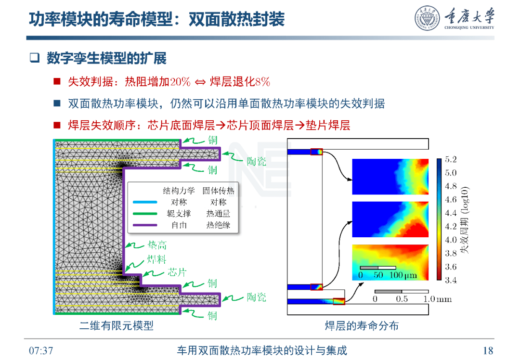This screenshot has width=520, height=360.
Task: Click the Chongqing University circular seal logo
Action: (x=428, y=18)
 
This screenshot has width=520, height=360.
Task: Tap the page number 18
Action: (x=488, y=350)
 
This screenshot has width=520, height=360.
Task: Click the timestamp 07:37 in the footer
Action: (x=41, y=350)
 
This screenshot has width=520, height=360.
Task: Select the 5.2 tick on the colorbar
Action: (x=451, y=159)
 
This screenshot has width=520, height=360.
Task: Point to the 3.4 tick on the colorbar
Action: (x=451, y=281)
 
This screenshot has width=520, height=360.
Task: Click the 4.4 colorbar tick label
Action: (x=451, y=213)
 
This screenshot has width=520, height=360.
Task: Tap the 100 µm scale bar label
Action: (x=403, y=275)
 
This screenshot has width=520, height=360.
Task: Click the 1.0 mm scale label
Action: (x=437, y=299)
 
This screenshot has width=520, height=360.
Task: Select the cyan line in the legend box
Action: (x=145, y=202)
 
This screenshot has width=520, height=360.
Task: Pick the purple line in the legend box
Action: (x=145, y=225)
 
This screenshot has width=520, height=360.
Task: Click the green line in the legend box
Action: (x=145, y=214)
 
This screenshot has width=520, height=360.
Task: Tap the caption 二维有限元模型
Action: (x=117, y=325)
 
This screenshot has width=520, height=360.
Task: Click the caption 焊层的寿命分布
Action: (x=362, y=325)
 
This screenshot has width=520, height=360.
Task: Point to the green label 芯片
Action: (x=177, y=272)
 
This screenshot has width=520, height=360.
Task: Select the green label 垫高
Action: (x=157, y=245)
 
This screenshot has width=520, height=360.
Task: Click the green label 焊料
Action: (x=156, y=259)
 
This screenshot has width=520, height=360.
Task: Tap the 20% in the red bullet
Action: (x=181, y=81)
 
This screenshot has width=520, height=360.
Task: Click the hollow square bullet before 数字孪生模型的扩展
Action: (x=35, y=58)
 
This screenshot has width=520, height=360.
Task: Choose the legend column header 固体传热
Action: (x=218, y=191)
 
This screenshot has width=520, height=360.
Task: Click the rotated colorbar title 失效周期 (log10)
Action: (x=465, y=220)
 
